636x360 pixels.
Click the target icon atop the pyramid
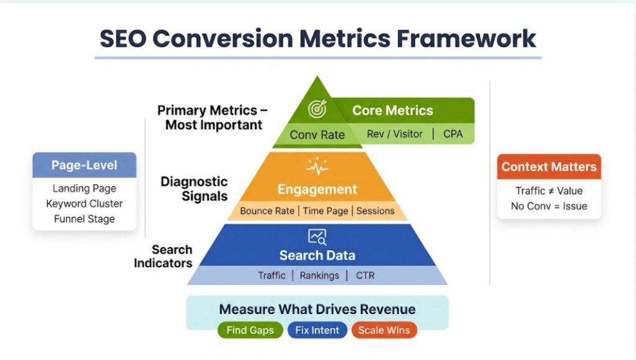pos(317,110)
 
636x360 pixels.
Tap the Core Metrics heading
pos(393,110)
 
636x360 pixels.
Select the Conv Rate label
pos(317,135)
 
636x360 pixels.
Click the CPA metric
pos(453,133)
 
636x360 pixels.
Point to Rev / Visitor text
pos(394,133)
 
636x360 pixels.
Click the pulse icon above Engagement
pos(317,167)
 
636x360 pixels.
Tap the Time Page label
pos(325,211)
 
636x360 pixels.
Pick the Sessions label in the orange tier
pos(375,211)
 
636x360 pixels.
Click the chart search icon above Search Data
pos(317,236)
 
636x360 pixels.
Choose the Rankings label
pos(319,275)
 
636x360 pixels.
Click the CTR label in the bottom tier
pos(365,275)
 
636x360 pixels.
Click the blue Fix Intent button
pos(317,330)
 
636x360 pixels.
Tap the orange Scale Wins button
pos(384,330)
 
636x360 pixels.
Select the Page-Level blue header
pos(84,166)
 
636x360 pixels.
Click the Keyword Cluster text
pos(84,204)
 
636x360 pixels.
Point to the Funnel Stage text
pos(84,218)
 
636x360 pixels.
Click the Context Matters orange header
pos(549,166)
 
